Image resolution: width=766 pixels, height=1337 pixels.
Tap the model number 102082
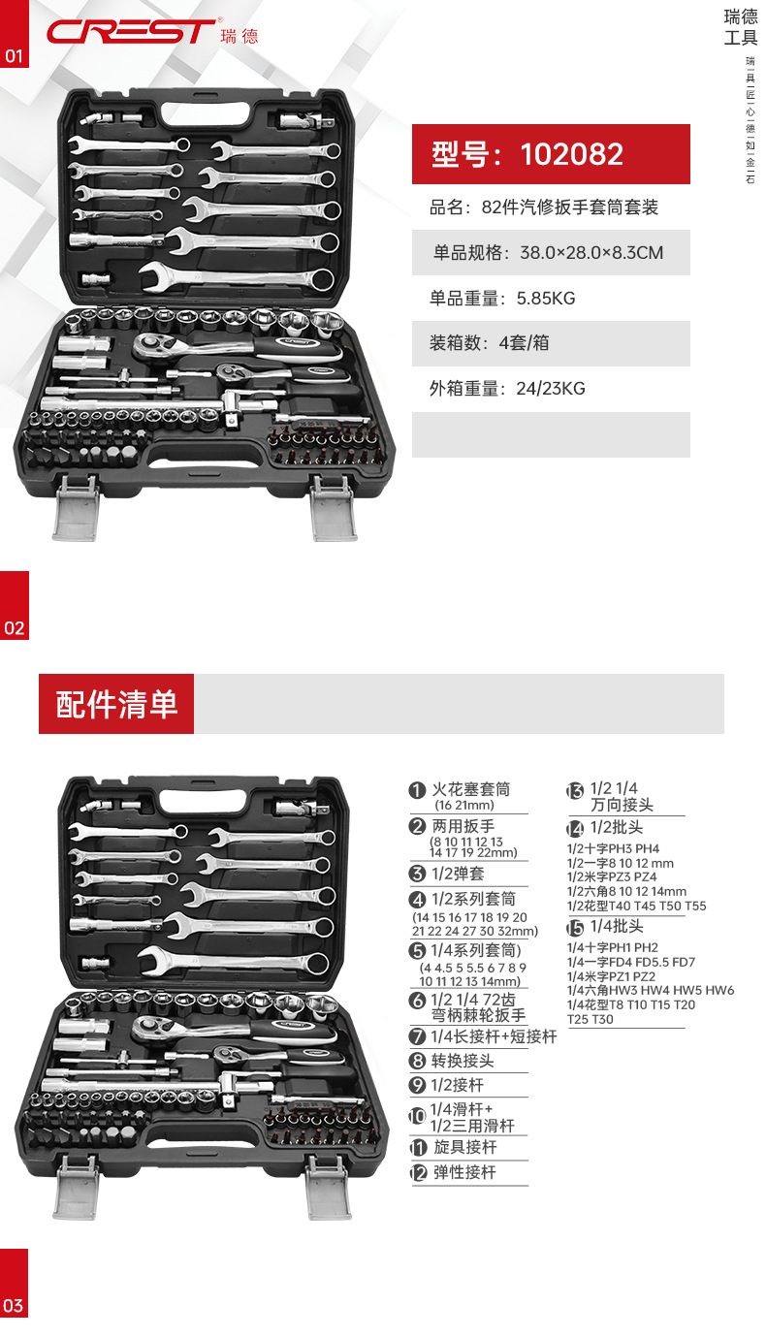571,154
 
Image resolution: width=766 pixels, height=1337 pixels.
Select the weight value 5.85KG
546,298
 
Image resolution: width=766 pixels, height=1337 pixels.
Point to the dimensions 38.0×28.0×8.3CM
591,253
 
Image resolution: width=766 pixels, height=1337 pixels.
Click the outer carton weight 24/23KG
550,389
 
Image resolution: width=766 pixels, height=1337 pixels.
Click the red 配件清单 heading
116,704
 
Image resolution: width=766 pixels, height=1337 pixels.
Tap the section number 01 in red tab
14,56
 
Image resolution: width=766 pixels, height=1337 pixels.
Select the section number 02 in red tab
14,627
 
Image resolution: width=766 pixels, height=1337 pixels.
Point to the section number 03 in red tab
14,1305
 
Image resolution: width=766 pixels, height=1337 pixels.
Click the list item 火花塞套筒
471,790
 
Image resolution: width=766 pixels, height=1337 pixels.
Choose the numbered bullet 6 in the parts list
417,1001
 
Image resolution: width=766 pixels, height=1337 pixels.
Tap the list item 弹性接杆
463,1172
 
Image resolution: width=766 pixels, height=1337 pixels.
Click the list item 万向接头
622,805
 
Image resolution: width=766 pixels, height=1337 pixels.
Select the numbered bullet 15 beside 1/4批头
575,928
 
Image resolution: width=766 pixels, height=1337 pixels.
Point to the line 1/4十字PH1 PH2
613,947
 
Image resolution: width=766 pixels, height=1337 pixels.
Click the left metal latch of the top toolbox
76,507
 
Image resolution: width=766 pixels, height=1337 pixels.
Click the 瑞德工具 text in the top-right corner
741,27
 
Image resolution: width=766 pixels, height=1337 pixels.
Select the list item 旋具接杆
463,1147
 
